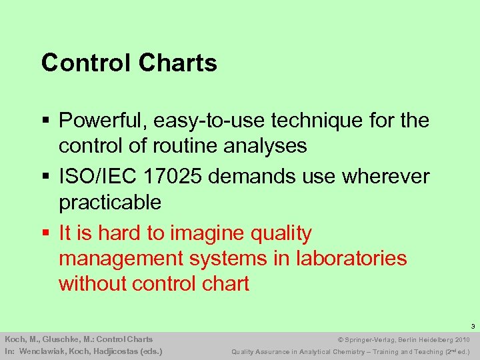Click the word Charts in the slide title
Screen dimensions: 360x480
(x=178, y=63)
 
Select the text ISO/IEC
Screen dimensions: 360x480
(x=95, y=177)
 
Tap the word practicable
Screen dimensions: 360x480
(x=110, y=202)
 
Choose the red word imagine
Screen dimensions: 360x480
(x=206, y=234)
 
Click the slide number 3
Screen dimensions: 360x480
(x=472, y=327)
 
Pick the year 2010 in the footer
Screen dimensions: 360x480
(x=462, y=339)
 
